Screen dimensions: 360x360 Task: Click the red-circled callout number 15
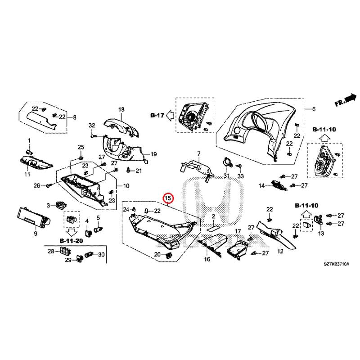167,198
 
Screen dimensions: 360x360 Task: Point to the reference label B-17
157,115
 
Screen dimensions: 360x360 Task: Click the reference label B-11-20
71,241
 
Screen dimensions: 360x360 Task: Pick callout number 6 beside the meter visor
314,109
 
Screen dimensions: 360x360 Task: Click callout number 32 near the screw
92,125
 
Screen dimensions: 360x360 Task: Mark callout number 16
207,260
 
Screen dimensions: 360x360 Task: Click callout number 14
261,185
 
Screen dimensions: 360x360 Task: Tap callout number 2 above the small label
215,216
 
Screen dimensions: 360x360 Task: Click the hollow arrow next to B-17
170,115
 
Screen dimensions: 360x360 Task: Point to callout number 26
38,185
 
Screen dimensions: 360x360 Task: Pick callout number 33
240,175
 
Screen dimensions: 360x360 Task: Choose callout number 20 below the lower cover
157,255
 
